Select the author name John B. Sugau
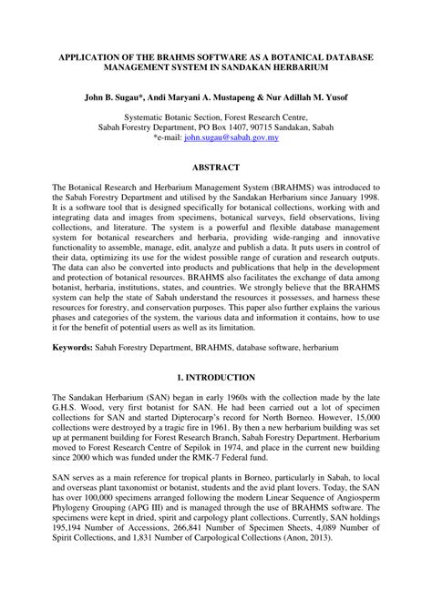pos(116,96)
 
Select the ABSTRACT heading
pos(215,168)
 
